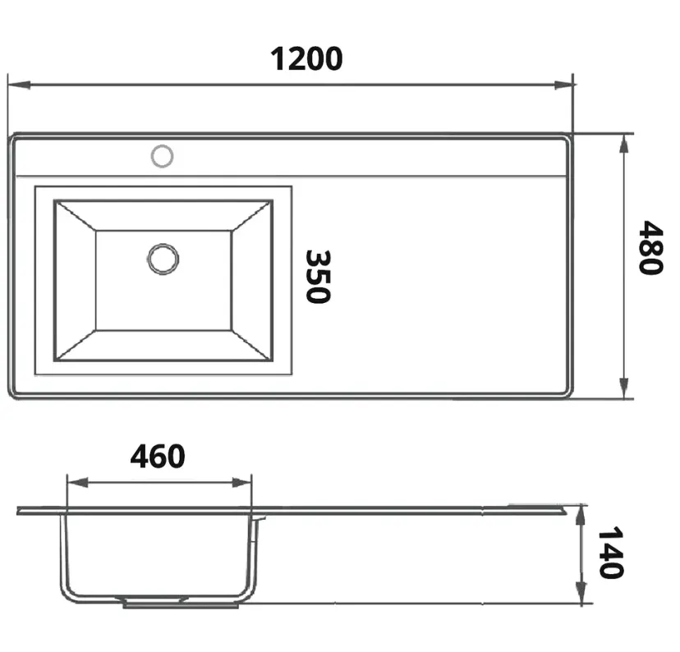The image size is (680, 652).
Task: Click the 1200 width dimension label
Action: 306,59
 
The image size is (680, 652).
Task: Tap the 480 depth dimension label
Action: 650,247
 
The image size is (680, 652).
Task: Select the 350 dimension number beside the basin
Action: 319,277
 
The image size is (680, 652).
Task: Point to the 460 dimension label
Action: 158,456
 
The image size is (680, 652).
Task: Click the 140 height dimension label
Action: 611,553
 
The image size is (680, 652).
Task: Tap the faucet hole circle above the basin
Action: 162,156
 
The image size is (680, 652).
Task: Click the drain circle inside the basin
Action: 163,259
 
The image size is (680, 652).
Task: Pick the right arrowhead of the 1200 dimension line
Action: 564,85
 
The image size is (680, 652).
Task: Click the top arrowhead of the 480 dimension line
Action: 623,144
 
